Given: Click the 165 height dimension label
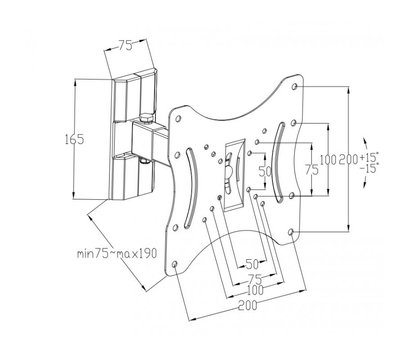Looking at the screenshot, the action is [x=74, y=139].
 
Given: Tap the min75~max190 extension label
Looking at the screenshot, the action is [x=117, y=253].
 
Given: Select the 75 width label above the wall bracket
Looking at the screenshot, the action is [x=125, y=45].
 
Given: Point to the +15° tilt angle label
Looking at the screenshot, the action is [x=369, y=157].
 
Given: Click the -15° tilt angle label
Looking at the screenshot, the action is [x=369, y=168].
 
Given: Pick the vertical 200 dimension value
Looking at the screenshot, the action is [x=348, y=160].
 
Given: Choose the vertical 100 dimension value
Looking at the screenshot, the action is [x=329, y=160].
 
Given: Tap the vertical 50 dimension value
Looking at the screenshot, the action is [x=265, y=171].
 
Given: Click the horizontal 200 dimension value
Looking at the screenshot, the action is [x=247, y=305].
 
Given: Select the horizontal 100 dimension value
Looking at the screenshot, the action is [x=255, y=290].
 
